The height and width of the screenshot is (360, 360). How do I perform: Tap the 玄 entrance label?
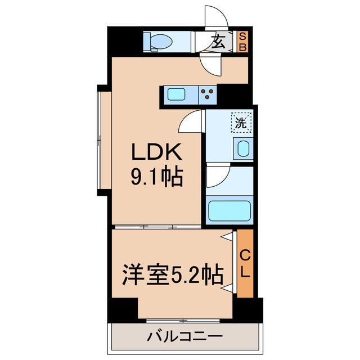pos(218,42)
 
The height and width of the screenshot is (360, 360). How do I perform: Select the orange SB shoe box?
pos(242,42)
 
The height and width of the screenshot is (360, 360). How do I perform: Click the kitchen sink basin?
pos(176,94)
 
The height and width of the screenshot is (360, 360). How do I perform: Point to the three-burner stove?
pos(208,94)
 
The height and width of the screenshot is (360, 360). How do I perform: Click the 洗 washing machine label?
pos(241,123)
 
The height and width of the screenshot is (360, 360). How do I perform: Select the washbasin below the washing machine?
pos(244,148)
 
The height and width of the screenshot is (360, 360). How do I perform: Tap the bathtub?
pos(229,210)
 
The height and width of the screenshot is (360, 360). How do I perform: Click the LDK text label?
pos(157,151)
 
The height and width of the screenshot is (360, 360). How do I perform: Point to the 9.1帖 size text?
pos(157,176)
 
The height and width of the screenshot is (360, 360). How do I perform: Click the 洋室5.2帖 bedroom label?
pos(173,274)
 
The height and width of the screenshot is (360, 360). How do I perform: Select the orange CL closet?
pos(245,263)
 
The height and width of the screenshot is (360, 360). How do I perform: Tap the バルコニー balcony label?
pos(185,337)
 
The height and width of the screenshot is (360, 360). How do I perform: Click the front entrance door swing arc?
pos(220,12)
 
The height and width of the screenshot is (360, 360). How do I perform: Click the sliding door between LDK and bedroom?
pos(157,227)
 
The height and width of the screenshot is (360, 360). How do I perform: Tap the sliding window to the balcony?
pos(183,321)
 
